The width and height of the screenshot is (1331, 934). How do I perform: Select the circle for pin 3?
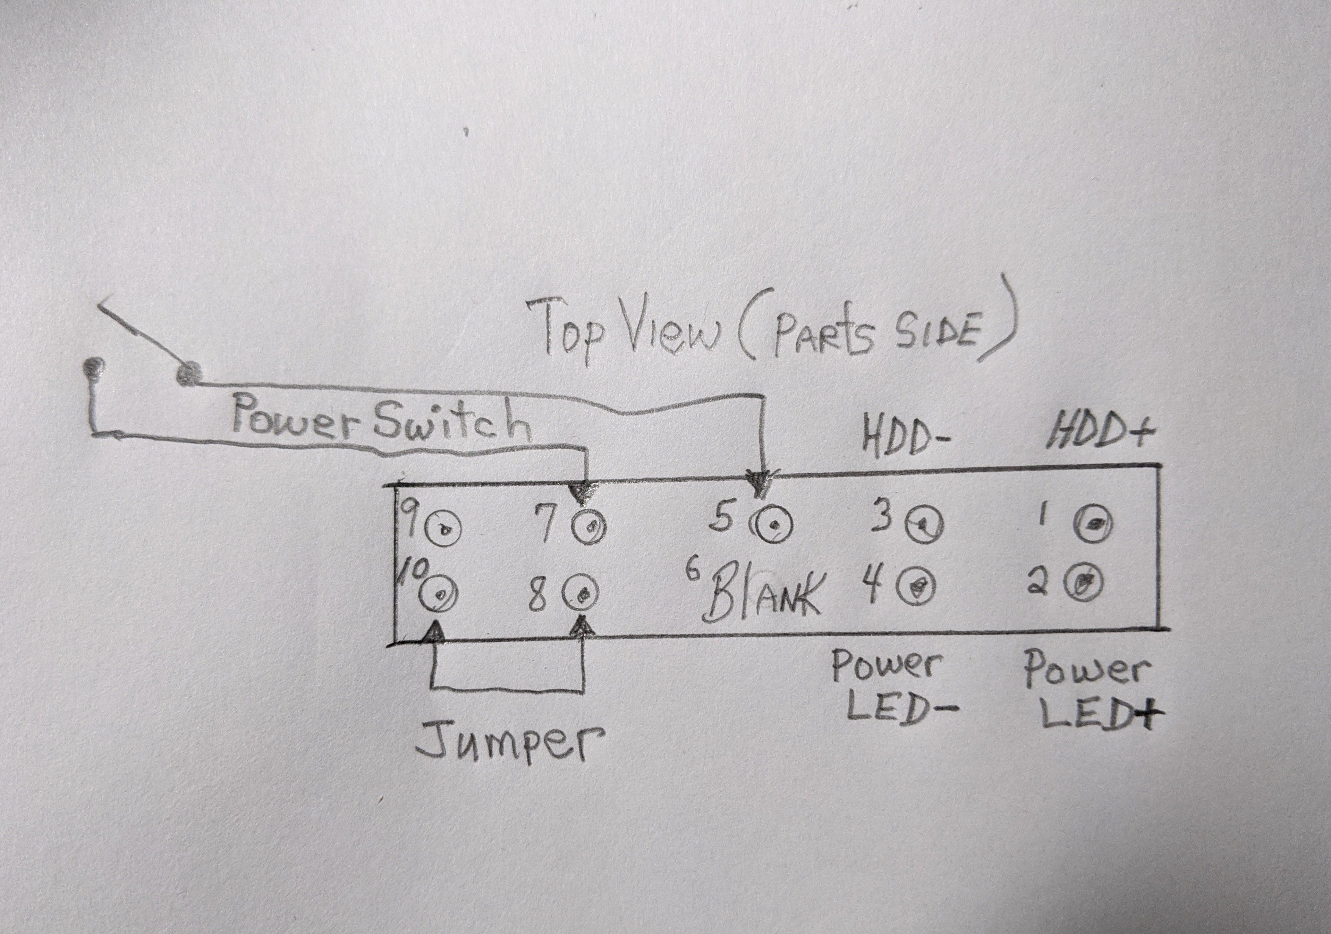coord(925,525)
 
